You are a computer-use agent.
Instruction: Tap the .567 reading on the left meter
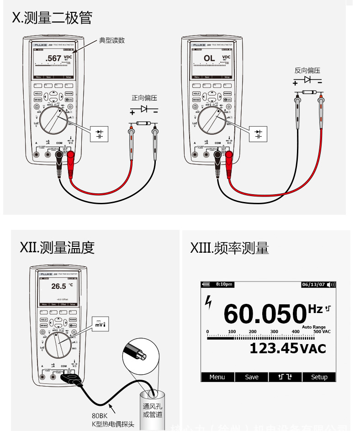point(53,58)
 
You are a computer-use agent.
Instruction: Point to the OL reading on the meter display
point(209,58)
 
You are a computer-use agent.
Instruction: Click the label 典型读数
point(112,40)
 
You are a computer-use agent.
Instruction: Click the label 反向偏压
point(307,70)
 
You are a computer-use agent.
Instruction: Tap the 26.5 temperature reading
point(58,286)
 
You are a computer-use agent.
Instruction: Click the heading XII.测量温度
point(57,248)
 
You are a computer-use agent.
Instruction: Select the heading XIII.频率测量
point(229,248)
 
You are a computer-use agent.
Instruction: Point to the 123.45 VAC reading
point(287,349)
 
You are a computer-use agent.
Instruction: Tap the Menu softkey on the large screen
point(217,377)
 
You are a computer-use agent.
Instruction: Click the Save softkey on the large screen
point(252,377)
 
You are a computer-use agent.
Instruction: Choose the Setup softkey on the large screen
point(319,377)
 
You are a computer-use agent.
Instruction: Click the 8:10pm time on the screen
point(224,284)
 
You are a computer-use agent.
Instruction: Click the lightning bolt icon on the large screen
point(209,303)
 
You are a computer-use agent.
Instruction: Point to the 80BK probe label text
point(100,416)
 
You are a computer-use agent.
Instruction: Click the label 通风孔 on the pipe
point(152,406)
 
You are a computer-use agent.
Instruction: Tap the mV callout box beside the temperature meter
point(100,324)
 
